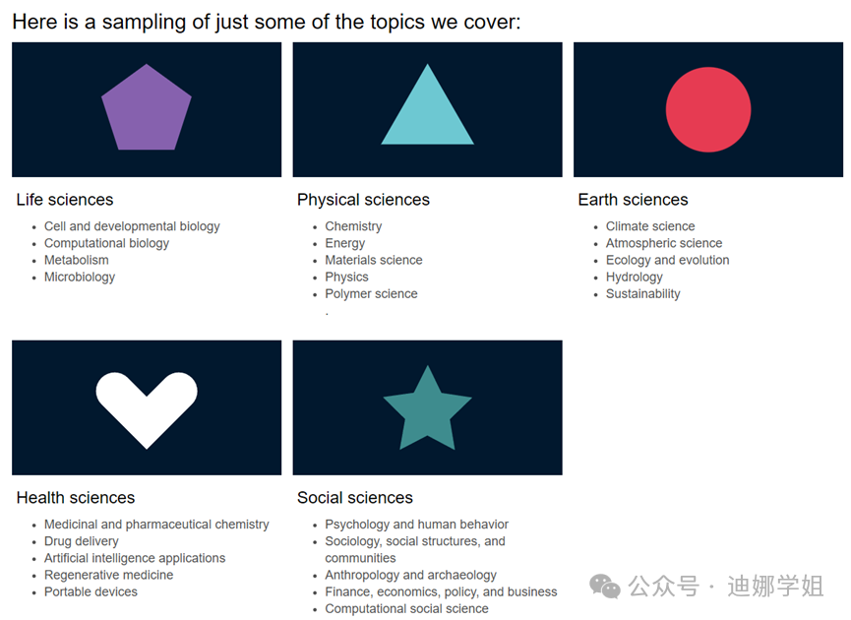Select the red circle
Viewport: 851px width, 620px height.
click(708, 109)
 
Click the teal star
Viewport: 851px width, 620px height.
click(427, 409)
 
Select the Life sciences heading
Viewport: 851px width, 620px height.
click(65, 200)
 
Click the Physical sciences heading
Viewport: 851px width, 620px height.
click(363, 200)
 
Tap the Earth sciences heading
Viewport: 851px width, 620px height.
click(633, 200)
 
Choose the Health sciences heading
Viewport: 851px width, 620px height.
click(76, 498)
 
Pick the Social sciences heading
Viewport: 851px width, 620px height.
click(355, 498)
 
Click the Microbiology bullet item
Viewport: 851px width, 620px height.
click(80, 278)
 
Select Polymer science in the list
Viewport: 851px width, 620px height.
click(371, 294)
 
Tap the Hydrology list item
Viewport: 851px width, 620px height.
click(635, 278)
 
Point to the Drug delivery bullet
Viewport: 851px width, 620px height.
click(82, 541)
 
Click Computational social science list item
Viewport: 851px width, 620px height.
click(406, 609)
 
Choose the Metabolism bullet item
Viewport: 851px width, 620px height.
click(77, 261)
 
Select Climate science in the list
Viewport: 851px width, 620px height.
click(650, 226)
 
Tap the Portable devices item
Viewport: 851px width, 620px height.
click(91, 592)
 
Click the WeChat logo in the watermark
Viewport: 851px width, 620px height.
click(605, 588)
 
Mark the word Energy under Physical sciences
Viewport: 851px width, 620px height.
click(345, 243)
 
